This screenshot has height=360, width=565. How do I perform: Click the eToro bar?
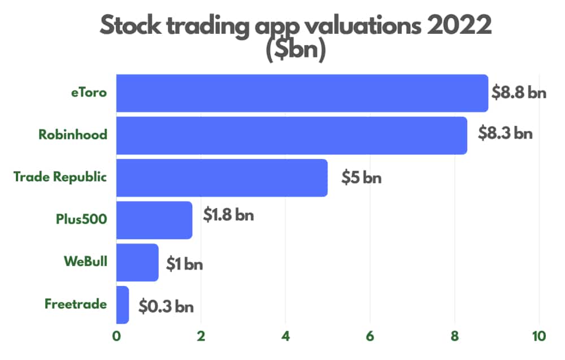pos(302,93)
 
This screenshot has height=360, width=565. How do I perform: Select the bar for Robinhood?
pos(292,136)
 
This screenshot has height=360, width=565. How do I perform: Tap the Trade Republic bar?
pos(221,178)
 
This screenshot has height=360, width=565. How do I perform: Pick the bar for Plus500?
pos(154,220)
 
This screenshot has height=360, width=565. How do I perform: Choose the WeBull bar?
pos(137,262)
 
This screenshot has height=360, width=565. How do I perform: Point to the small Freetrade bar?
pos(123,305)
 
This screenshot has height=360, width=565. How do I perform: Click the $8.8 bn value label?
pos(519,93)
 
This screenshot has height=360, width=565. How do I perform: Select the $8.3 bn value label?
pos(505,135)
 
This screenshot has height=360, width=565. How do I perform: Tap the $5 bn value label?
pos(362,178)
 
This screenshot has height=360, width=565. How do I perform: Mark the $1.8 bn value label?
pos(228,215)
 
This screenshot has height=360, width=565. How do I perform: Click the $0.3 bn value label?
pos(166,307)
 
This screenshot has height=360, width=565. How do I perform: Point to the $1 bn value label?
pos(184,264)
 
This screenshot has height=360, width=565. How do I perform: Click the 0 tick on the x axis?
pos(116,336)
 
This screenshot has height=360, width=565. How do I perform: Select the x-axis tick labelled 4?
pos(285,336)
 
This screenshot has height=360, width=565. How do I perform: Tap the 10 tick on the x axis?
pos(538,336)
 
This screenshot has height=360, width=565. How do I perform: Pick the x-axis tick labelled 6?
pos(370,336)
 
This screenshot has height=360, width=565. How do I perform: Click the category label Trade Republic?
pos(60,177)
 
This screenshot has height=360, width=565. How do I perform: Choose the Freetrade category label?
pos(76,304)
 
